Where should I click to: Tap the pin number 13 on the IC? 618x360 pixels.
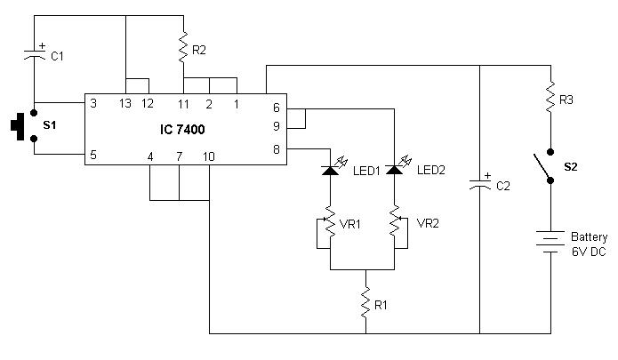click(125, 103)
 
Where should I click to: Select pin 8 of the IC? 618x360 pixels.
click(277, 150)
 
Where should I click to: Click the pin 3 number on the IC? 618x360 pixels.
click(93, 103)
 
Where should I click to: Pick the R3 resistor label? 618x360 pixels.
click(566, 100)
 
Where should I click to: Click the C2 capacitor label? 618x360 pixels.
click(502, 186)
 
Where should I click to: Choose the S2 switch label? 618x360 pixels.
click(570, 166)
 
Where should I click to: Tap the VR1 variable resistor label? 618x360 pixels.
click(352, 224)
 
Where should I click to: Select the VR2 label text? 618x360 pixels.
click(429, 224)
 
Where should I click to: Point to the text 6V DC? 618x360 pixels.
click(589, 252)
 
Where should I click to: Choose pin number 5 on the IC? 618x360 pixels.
click(93, 156)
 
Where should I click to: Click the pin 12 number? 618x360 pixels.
click(148, 103)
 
